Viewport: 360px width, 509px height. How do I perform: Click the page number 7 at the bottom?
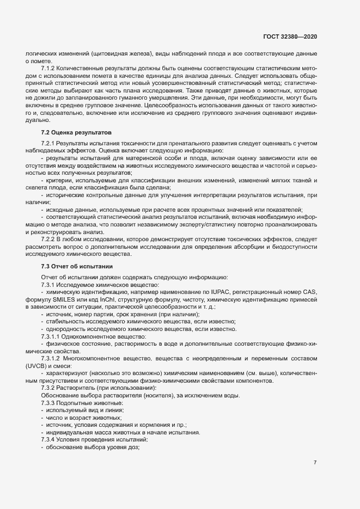[315, 463]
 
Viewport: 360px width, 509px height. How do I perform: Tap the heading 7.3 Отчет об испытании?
[77, 266]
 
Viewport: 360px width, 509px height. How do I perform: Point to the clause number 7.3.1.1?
[53, 337]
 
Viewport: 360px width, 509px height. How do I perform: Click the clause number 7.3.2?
[50, 388]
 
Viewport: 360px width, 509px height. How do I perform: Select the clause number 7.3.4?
[50, 439]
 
